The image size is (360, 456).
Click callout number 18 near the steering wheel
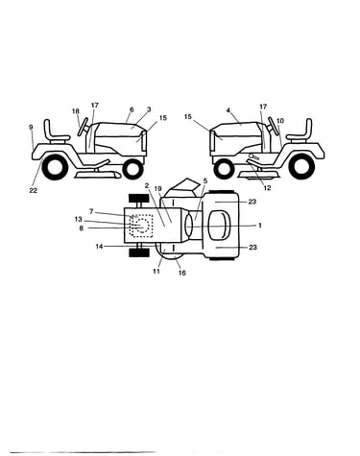pos(76,111)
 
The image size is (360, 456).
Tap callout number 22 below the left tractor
pos(34,191)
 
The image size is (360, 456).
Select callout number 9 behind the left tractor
pos(31,127)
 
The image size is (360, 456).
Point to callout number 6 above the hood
pos(132,109)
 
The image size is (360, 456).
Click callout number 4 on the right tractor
pos(228,110)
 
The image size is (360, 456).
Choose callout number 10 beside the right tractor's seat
pos(280,121)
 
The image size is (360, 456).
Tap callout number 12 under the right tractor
pos(267,188)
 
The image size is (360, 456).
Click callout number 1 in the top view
pos(260,226)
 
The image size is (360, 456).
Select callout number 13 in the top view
pos(79,220)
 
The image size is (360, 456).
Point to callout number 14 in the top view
pos(100,247)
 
